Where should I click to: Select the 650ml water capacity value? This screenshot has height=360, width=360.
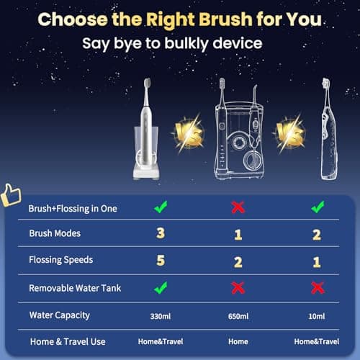(x=238, y=315)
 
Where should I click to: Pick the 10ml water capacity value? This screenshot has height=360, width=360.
(x=316, y=315)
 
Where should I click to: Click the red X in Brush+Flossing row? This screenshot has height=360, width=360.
(x=238, y=207)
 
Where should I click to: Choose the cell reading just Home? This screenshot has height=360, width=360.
(x=238, y=341)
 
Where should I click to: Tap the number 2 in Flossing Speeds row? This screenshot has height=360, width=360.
(x=238, y=261)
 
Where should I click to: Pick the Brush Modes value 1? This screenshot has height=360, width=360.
(x=238, y=234)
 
